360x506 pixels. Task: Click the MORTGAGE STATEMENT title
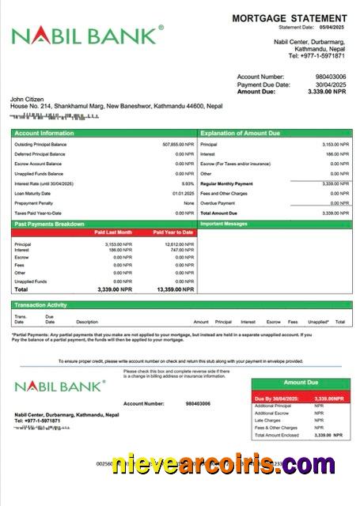[289, 18]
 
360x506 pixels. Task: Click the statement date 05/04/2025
[331, 27]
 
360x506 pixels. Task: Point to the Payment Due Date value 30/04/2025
[331, 85]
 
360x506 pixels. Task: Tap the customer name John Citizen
[26, 98]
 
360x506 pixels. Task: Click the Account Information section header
[44, 134]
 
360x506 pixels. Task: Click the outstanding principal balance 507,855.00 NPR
[177, 145]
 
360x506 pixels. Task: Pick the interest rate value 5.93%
[188, 183]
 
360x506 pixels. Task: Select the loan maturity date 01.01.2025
[184, 193]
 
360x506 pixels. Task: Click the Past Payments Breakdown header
[49, 224]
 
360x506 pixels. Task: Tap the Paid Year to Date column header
[173, 233]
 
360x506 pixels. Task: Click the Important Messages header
[230, 224]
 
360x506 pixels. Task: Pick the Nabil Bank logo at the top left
[87, 36]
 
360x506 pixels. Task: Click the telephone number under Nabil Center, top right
[316, 56]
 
